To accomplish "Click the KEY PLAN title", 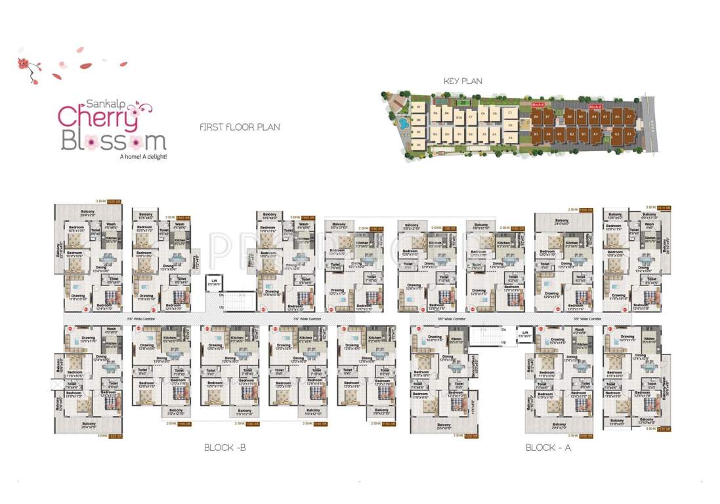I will [x=463, y=81].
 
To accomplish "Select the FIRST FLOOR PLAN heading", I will [x=240, y=127].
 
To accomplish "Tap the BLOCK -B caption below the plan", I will [x=224, y=448].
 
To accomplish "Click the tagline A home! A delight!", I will [x=142, y=157].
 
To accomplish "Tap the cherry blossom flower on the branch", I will [x=24, y=64].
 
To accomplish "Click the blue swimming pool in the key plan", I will [x=401, y=123].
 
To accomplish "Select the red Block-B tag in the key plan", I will [x=538, y=105].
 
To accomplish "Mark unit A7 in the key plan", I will [x=628, y=117].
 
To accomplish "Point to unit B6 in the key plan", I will [x=536, y=117].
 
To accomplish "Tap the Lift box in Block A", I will [x=524, y=334].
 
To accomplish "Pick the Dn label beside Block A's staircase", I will [x=503, y=329].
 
